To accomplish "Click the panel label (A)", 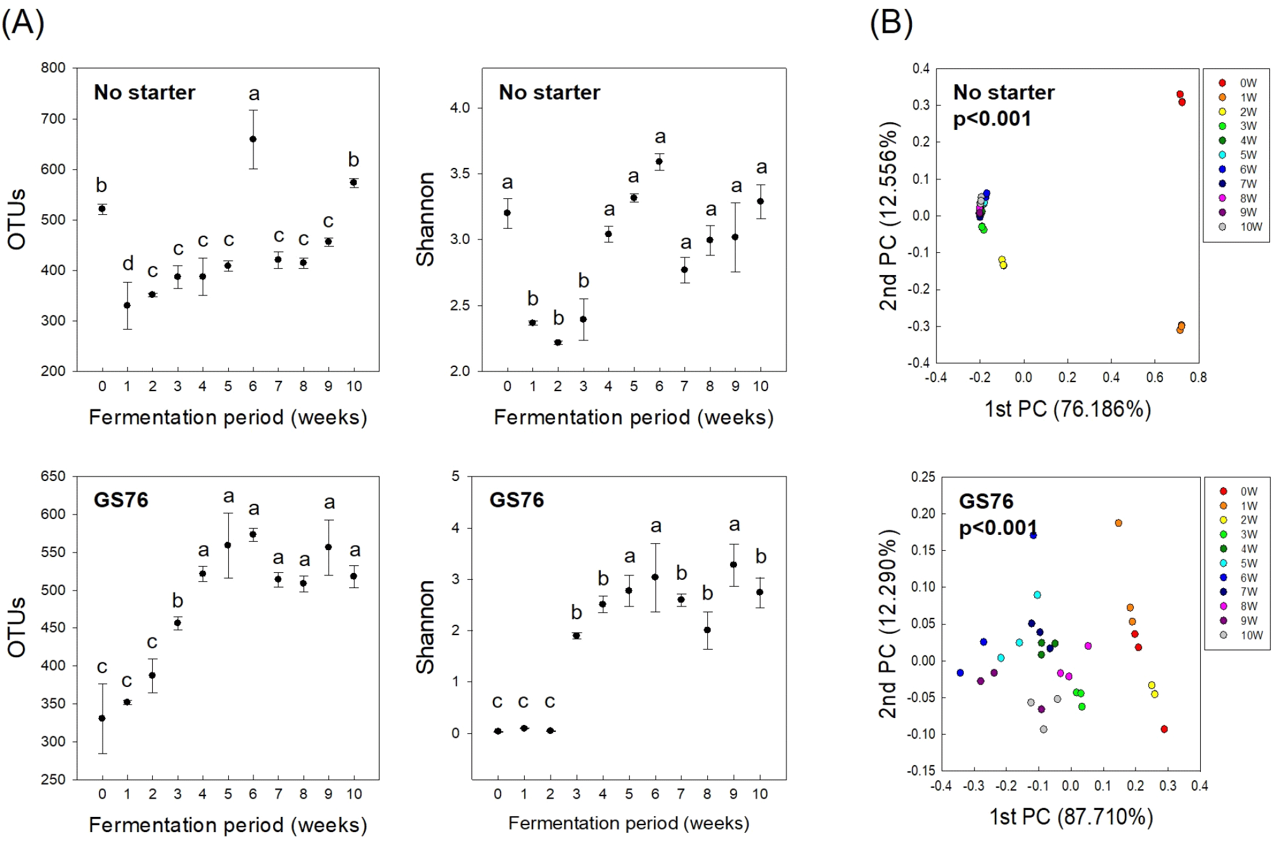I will (x=23, y=23).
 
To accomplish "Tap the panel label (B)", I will (x=891, y=23).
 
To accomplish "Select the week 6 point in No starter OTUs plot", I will (x=253, y=139).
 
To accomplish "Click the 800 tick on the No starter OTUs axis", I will (x=53, y=68).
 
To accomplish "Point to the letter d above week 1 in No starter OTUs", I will (x=128, y=263).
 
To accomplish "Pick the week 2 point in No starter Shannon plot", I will (x=558, y=342).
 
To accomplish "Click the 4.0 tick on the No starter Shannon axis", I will (x=460, y=108).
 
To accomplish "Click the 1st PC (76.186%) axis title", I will (x=1067, y=409).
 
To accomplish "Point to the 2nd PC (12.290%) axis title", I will (x=888, y=624).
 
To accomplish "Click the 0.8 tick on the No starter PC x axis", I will (x=1198, y=378).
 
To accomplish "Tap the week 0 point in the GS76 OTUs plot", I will (x=102, y=718).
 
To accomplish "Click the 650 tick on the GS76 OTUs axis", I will (x=53, y=477).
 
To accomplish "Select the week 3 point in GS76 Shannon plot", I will (x=576, y=636).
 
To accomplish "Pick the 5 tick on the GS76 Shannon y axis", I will (x=455, y=477).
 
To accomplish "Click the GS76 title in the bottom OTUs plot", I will (x=121, y=500).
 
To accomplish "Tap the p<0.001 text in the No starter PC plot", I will (x=992, y=119).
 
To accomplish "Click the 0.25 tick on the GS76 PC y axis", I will (x=923, y=477).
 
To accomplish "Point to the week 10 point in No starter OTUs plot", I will (x=354, y=183).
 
